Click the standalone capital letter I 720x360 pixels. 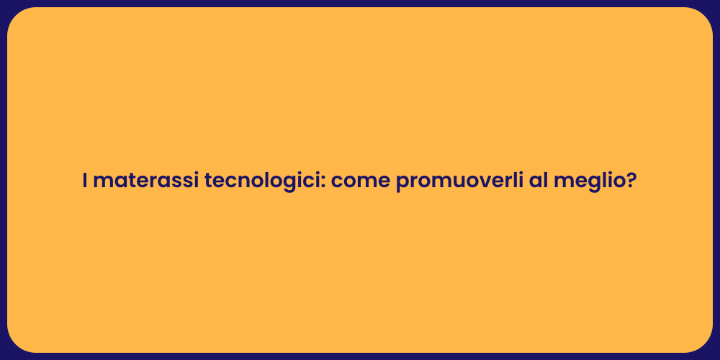coord(85,181)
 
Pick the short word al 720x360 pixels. coord(538,181)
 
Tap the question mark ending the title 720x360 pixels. coord(631,181)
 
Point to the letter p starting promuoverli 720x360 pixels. coord(402,184)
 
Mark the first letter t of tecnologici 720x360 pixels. coord(209,181)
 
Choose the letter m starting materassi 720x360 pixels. coord(102,183)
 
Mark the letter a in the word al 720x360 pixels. coord(535,183)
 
